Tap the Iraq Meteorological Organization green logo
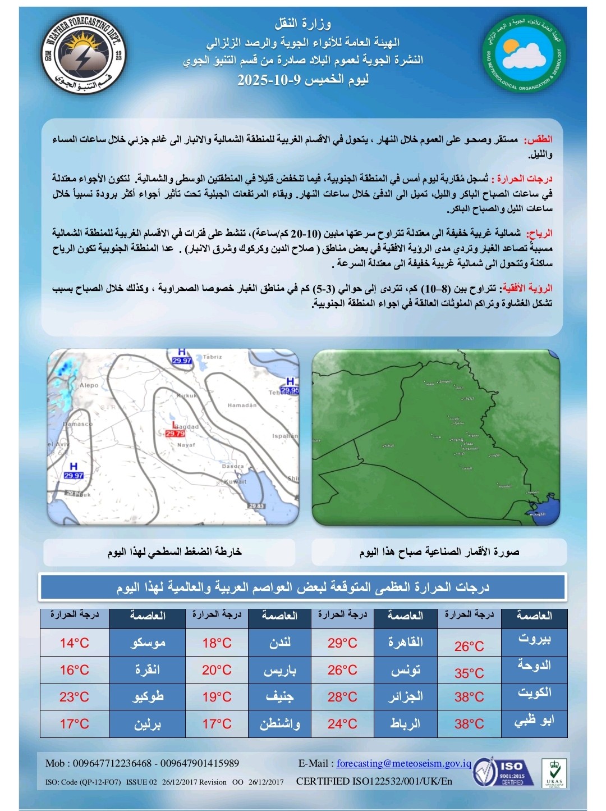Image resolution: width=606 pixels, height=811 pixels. point(524,56)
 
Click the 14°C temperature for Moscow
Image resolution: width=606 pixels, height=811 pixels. point(74,643)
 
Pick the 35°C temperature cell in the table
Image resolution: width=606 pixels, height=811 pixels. point(469,673)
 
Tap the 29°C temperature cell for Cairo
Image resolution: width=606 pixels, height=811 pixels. point(342,643)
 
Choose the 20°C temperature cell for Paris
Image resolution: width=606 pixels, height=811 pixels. point(217,670)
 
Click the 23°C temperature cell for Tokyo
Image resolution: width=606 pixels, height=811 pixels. point(74,697)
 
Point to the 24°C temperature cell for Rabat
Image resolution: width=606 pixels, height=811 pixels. point(342,724)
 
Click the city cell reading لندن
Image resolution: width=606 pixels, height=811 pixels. point(279,643)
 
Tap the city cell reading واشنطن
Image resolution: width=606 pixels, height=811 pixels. point(279,724)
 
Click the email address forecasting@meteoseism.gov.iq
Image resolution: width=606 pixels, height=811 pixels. point(404,763)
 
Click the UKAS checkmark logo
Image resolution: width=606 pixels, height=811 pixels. point(553,773)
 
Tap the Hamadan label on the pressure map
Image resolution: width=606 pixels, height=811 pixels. point(242,405)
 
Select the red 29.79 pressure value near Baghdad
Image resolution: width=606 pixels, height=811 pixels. point(175,434)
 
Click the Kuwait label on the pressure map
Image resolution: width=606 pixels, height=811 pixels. point(235,482)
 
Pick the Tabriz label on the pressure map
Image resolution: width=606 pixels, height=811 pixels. point(213,357)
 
